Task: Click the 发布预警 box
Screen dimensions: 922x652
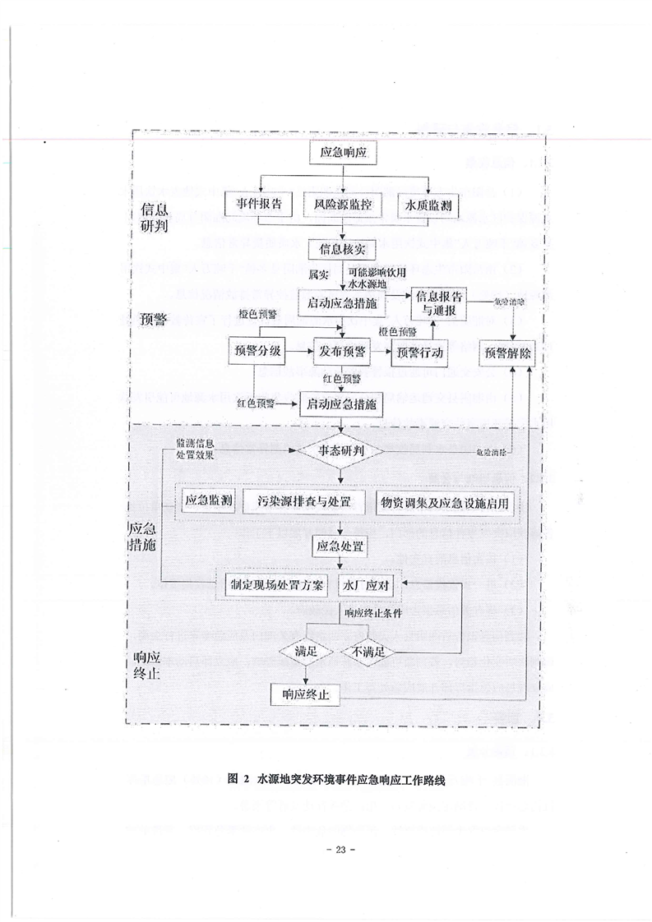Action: coord(342,353)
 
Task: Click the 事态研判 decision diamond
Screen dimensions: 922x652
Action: coord(340,451)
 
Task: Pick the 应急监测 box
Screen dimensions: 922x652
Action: coord(209,502)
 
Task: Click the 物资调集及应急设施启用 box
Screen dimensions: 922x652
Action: coord(444,502)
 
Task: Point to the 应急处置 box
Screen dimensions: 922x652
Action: coord(341,546)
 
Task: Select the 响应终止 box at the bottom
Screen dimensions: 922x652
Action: coord(306,695)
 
